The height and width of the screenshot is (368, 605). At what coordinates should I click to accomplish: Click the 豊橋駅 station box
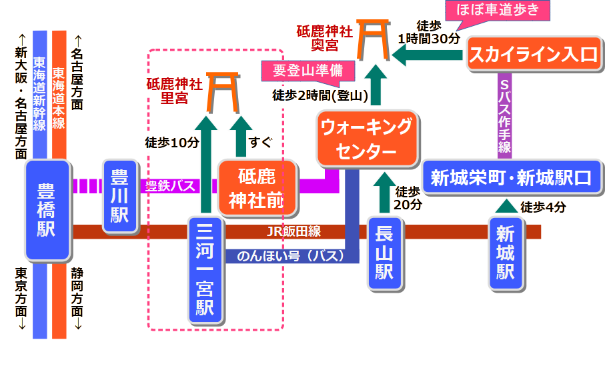click(47, 210)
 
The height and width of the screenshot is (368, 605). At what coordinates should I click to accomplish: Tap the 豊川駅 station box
click(120, 196)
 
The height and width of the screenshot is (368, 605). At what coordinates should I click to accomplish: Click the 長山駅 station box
click(385, 254)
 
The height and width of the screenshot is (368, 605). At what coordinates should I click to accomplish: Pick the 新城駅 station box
click(506, 254)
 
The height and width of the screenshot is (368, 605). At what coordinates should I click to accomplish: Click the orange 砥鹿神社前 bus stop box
click(256, 189)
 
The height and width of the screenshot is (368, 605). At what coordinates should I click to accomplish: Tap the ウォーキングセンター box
click(364, 139)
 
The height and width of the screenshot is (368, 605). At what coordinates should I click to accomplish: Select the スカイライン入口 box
click(533, 55)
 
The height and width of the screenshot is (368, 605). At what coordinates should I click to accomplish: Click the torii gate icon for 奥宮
click(374, 39)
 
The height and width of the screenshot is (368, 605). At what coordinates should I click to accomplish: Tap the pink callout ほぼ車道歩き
click(504, 11)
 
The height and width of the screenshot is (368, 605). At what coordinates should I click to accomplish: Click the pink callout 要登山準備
click(308, 70)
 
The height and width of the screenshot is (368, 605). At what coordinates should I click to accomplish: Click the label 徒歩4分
click(543, 207)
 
